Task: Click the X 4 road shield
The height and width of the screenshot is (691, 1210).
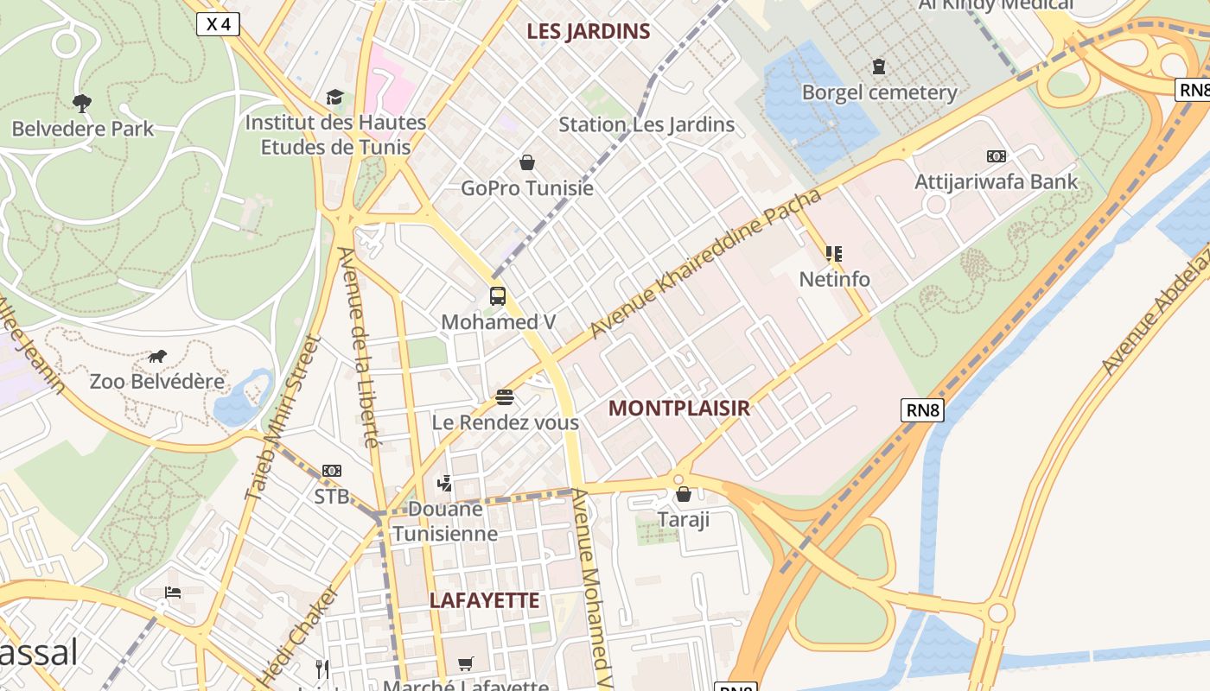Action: pyautogui.click(x=218, y=24)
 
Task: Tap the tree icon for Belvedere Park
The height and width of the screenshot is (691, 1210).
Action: pyautogui.click(x=82, y=104)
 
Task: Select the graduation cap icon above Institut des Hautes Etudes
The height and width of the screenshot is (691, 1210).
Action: pyautogui.click(x=334, y=97)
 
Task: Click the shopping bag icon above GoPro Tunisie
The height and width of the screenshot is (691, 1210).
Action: pyautogui.click(x=526, y=162)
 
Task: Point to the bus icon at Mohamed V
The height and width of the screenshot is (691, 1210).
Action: pyautogui.click(x=498, y=296)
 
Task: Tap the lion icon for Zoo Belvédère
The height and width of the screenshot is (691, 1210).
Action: pyautogui.click(x=157, y=356)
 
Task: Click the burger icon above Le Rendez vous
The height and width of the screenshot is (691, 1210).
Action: pyautogui.click(x=505, y=397)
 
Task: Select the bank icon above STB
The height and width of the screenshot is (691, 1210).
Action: pyautogui.click(x=332, y=471)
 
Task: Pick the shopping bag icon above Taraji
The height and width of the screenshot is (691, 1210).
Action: pyautogui.click(x=684, y=494)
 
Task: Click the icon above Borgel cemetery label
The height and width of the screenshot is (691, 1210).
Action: pyautogui.click(x=879, y=67)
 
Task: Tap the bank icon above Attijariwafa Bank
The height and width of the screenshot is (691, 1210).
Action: pyautogui.click(x=996, y=156)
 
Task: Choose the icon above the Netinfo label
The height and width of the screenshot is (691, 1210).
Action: pyautogui.click(x=834, y=254)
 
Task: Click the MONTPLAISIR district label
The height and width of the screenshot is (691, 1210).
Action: pyautogui.click(x=678, y=409)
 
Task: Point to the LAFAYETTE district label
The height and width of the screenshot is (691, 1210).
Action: pyautogui.click(x=484, y=601)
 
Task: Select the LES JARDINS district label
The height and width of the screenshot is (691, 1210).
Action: pyautogui.click(x=589, y=32)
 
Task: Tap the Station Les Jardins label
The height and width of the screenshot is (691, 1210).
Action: pyautogui.click(x=646, y=124)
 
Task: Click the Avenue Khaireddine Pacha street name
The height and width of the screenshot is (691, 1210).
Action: pyautogui.click(x=704, y=264)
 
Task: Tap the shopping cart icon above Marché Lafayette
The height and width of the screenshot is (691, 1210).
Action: pyautogui.click(x=466, y=663)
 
